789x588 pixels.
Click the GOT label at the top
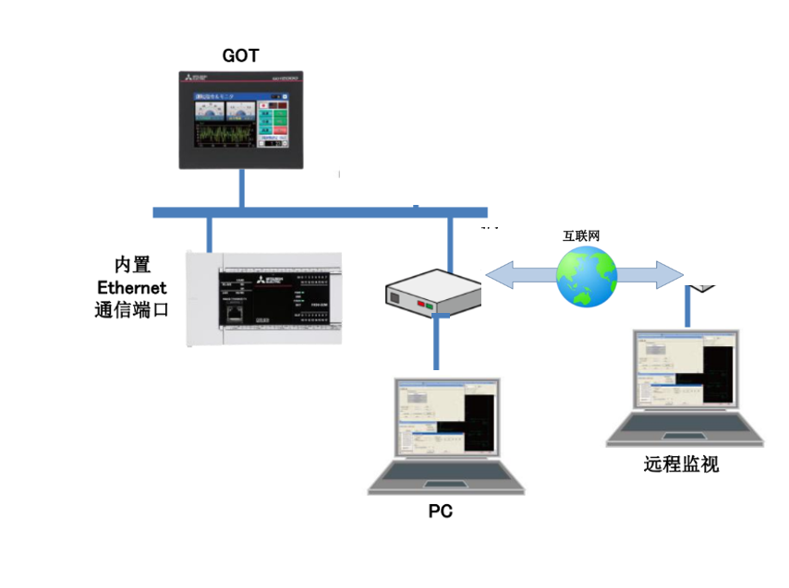point(241,55)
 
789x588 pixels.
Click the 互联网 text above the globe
point(582,236)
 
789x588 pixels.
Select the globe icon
point(586,276)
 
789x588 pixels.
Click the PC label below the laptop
point(441,511)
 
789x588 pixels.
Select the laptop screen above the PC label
point(447,419)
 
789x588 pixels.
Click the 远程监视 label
point(681,464)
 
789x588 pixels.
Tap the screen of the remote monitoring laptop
point(686,369)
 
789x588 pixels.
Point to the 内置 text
point(132,265)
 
